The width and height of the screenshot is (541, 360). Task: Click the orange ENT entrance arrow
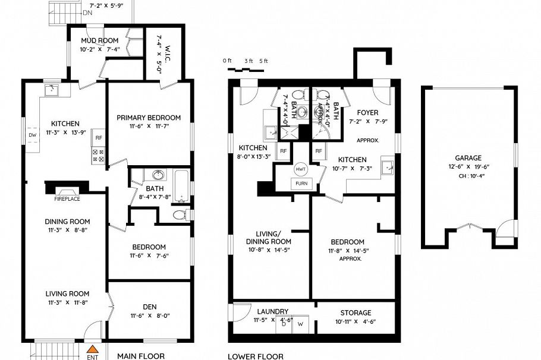pyautogui.click(x=92, y=350)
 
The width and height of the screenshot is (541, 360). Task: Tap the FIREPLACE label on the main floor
pyautogui.click(x=67, y=191)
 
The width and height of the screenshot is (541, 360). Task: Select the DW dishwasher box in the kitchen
pyautogui.click(x=32, y=134)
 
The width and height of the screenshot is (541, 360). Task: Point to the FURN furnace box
pyautogui.click(x=300, y=183)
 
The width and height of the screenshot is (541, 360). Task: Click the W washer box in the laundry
pyautogui.click(x=300, y=324)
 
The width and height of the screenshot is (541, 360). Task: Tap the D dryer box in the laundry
pyautogui.click(x=284, y=324)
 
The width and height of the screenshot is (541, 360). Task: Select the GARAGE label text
pyautogui.click(x=468, y=158)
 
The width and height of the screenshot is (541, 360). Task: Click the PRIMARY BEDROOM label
pyautogui.click(x=148, y=118)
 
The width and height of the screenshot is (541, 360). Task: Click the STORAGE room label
pyautogui.click(x=356, y=312)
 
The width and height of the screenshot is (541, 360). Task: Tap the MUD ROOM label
pyautogui.click(x=100, y=40)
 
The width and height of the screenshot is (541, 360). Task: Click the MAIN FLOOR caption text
pyautogui.click(x=140, y=356)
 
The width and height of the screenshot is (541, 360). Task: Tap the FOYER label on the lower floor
pyautogui.click(x=367, y=112)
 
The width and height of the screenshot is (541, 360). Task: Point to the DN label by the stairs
pyautogui.click(x=87, y=12)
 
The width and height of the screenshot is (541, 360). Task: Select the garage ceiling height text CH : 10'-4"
pyautogui.click(x=468, y=176)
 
